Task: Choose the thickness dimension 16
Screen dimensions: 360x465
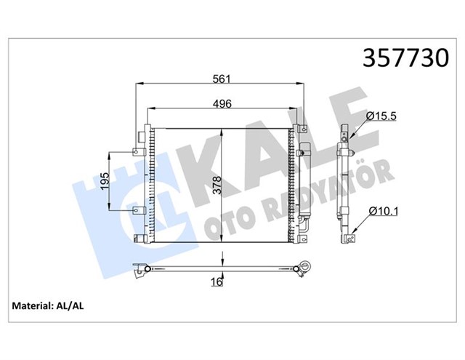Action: pos(216,281)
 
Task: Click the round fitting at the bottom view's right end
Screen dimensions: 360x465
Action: pos(307,266)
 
